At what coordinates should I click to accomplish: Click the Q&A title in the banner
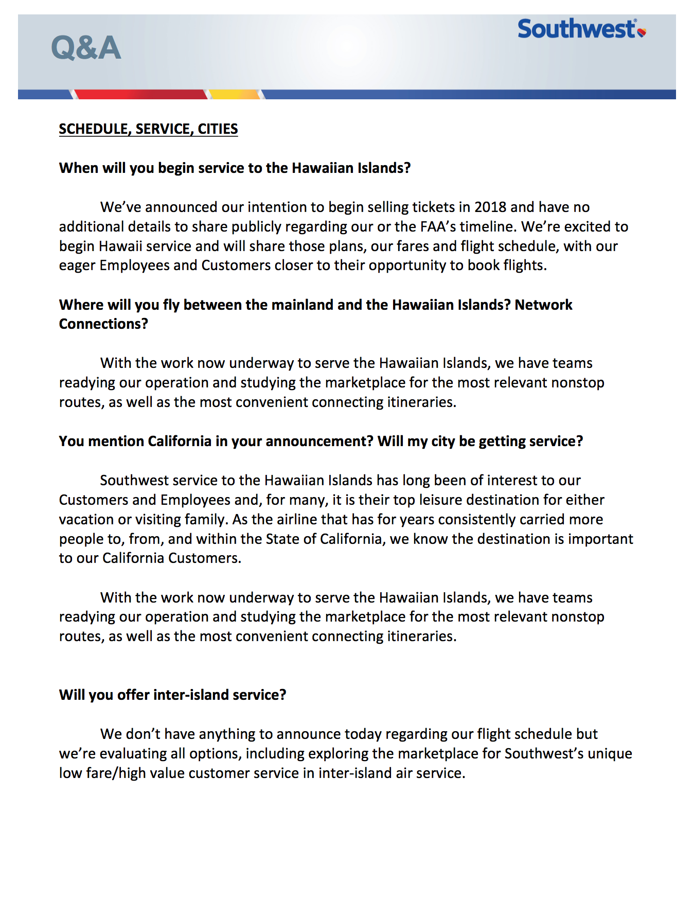86,48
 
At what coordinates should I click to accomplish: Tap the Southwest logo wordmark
576,29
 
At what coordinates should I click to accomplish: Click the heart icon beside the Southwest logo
642,32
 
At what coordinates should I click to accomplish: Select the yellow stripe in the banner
234,95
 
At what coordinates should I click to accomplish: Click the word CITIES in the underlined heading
218,129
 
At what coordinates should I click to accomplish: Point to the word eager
77,266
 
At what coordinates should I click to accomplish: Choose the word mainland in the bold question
302,305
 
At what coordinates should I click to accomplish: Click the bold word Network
543,305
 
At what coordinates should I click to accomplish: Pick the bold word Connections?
103,324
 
